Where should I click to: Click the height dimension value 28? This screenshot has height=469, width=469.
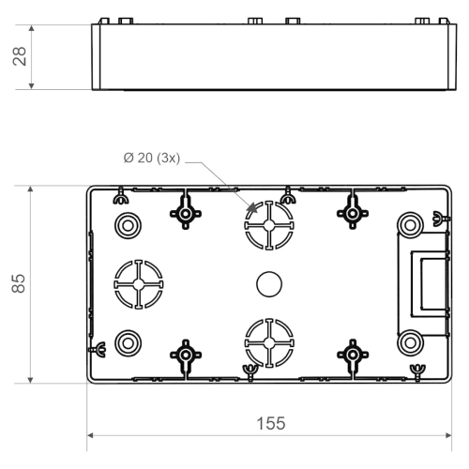point(17,57)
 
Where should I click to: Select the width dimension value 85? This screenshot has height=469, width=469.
point(17,283)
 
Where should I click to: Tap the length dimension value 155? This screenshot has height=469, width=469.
point(271,423)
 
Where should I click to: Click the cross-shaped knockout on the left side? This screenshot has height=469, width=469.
point(138,282)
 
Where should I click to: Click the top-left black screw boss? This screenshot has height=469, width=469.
point(186,215)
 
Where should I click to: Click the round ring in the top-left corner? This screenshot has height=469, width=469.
point(126,223)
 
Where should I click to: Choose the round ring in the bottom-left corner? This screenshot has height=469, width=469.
point(126,341)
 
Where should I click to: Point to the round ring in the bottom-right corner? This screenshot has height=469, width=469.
point(409,341)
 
